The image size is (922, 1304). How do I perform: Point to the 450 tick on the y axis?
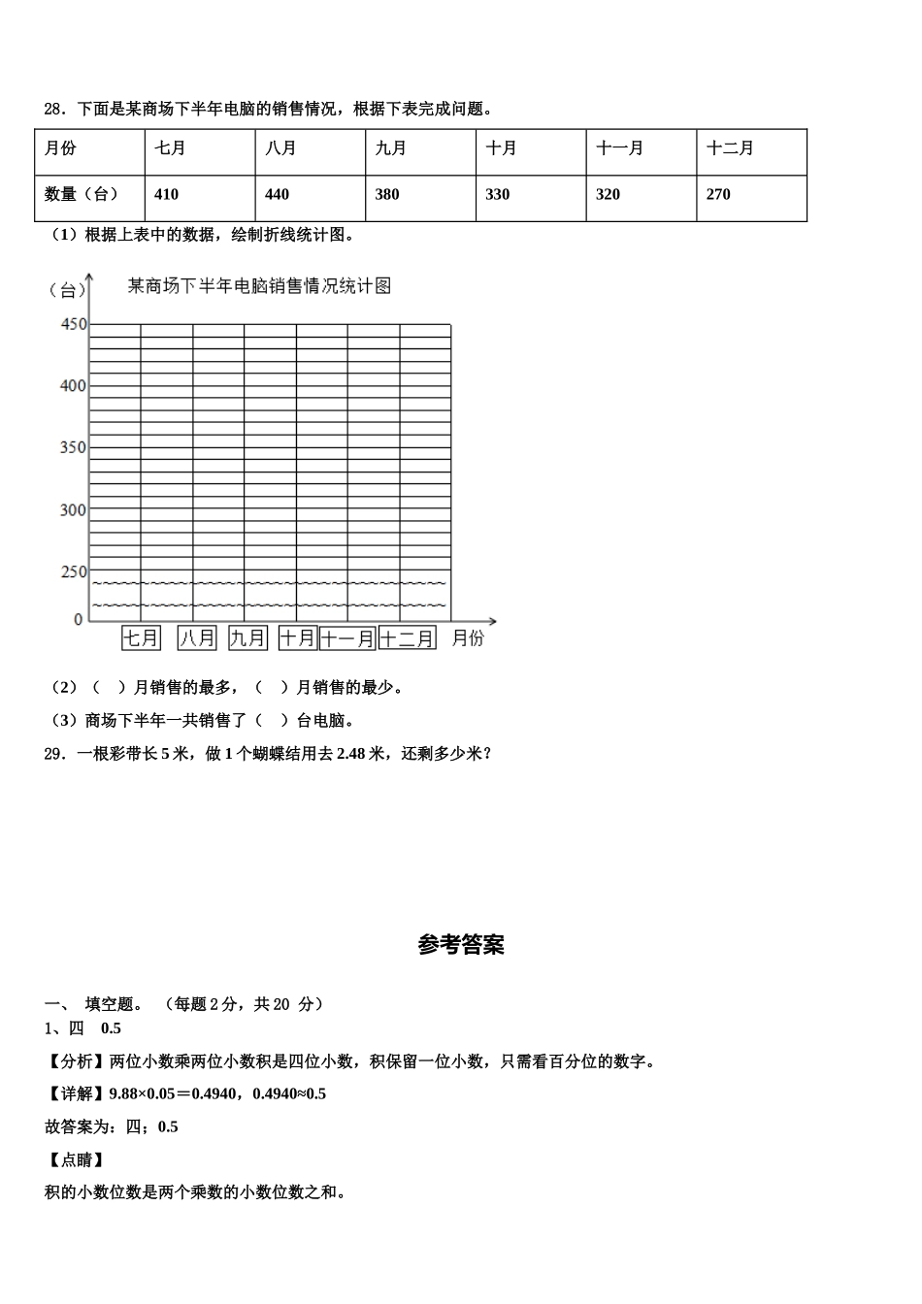click(x=73, y=324)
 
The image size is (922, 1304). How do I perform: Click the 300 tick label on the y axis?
click(x=73, y=509)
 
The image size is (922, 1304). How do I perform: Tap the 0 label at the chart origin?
click(x=79, y=619)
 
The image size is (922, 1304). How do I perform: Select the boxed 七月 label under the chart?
click(x=141, y=637)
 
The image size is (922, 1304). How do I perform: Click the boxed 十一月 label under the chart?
click(x=346, y=637)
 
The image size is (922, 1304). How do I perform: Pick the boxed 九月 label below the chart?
click(x=247, y=637)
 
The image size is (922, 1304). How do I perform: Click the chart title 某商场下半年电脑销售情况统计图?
click(x=259, y=286)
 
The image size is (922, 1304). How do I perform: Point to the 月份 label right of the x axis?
click(x=468, y=637)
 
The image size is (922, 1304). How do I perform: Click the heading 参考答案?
click(x=461, y=944)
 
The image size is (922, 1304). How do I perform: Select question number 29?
click(x=53, y=753)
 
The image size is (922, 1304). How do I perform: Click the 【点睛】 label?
click(x=76, y=1159)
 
